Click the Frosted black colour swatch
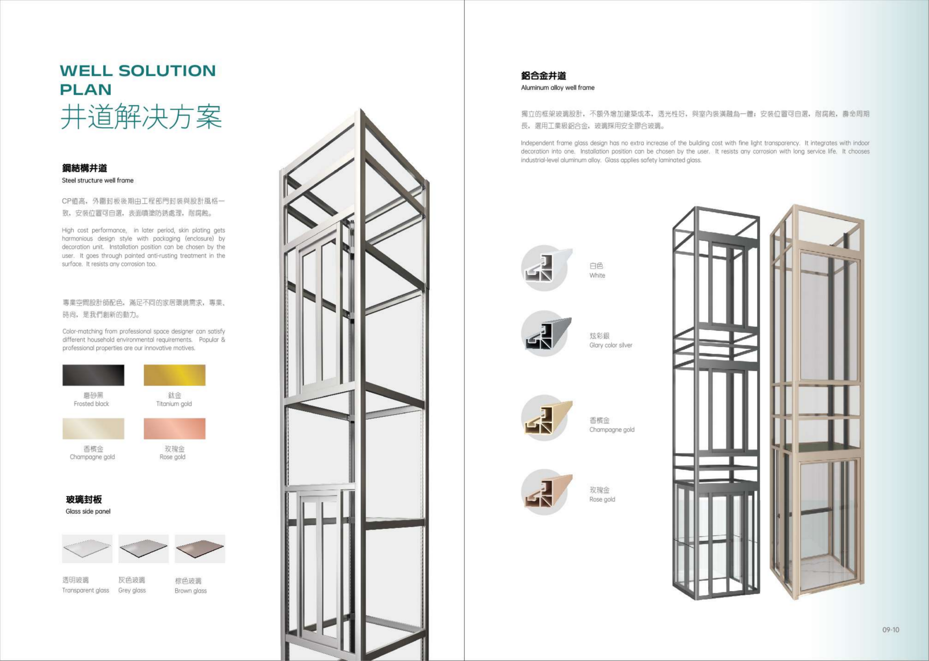point(93,375)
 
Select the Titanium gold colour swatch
point(175,375)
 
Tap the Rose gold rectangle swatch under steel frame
point(175,429)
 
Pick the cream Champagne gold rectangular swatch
point(93,429)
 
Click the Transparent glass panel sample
point(87,549)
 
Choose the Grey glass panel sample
point(143,549)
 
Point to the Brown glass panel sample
point(200,549)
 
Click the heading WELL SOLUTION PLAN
point(138,80)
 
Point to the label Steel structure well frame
point(98,180)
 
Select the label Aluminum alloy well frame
point(557,87)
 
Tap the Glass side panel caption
point(88,511)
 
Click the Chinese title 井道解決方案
point(141,117)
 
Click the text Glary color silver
point(611,345)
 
